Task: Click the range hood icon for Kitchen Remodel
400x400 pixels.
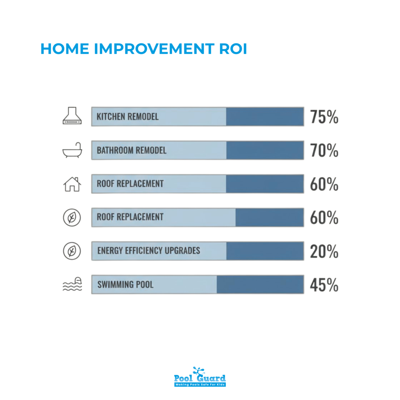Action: tap(72, 116)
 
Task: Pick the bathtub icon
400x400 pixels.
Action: tap(72, 150)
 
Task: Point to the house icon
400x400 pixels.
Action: tap(72, 184)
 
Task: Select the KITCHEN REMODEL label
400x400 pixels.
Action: tap(128, 117)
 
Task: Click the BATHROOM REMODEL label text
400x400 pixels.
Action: tap(132, 150)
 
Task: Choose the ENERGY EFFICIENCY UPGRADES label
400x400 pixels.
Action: tap(148, 250)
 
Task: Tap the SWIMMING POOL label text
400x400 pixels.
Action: tap(125, 284)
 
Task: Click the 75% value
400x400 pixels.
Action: tap(324, 117)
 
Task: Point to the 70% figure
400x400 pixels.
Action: tap(324, 150)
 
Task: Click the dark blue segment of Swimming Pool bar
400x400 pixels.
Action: tap(260, 284)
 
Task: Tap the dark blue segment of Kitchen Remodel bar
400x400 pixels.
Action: tap(265, 117)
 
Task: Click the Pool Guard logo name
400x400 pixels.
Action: tap(200, 378)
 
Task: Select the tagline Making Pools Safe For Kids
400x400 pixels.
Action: tap(200, 385)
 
